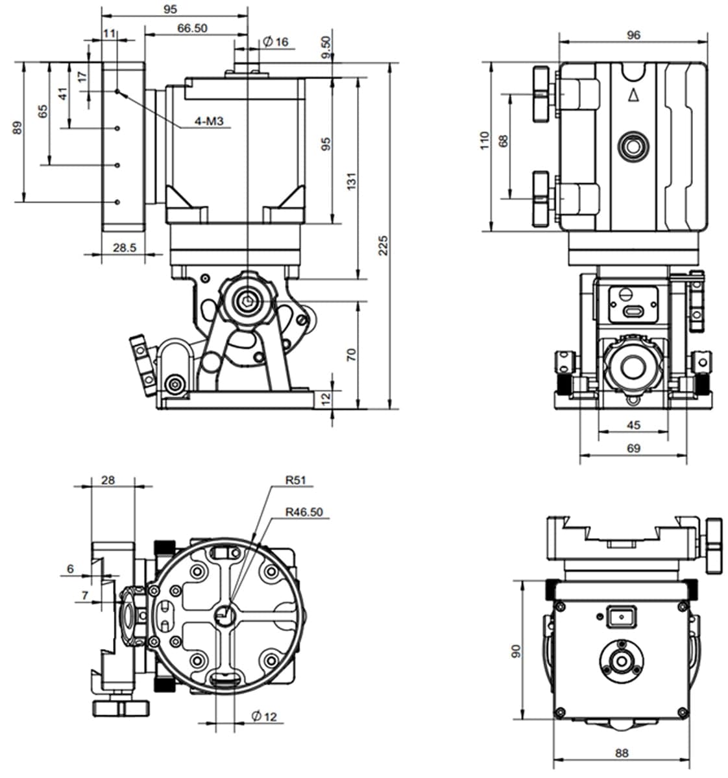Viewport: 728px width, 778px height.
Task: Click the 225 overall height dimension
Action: [x=383, y=245]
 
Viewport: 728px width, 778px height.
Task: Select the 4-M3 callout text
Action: [x=209, y=121]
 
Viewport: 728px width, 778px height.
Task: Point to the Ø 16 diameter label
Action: [x=276, y=42]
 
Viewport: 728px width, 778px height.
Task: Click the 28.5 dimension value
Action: [x=124, y=247]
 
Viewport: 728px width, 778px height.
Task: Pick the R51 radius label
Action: [x=295, y=480]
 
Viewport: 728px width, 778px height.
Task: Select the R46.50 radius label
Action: [x=304, y=512]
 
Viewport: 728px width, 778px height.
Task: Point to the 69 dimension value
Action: [x=634, y=448]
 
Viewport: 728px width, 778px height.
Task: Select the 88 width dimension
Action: [x=622, y=753]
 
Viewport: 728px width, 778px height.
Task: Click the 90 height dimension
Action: [x=516, y=650]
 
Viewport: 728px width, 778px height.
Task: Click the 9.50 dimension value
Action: [x=326, y=47]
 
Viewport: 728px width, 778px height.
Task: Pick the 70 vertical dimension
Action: [x=351, y=354]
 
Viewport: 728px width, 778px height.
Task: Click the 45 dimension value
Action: [x=634, y=425]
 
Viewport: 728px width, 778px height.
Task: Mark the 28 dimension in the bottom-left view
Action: [x=108, y=480]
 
